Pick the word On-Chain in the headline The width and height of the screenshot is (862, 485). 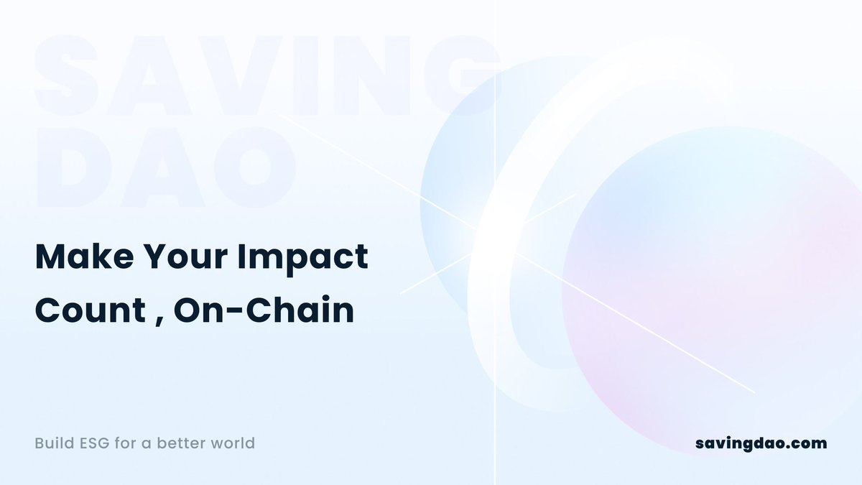click(x=264, y=312)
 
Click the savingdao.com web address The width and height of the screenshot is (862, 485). click(x=761, y=443)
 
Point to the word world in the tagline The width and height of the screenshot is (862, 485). click(x=232, y=443)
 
